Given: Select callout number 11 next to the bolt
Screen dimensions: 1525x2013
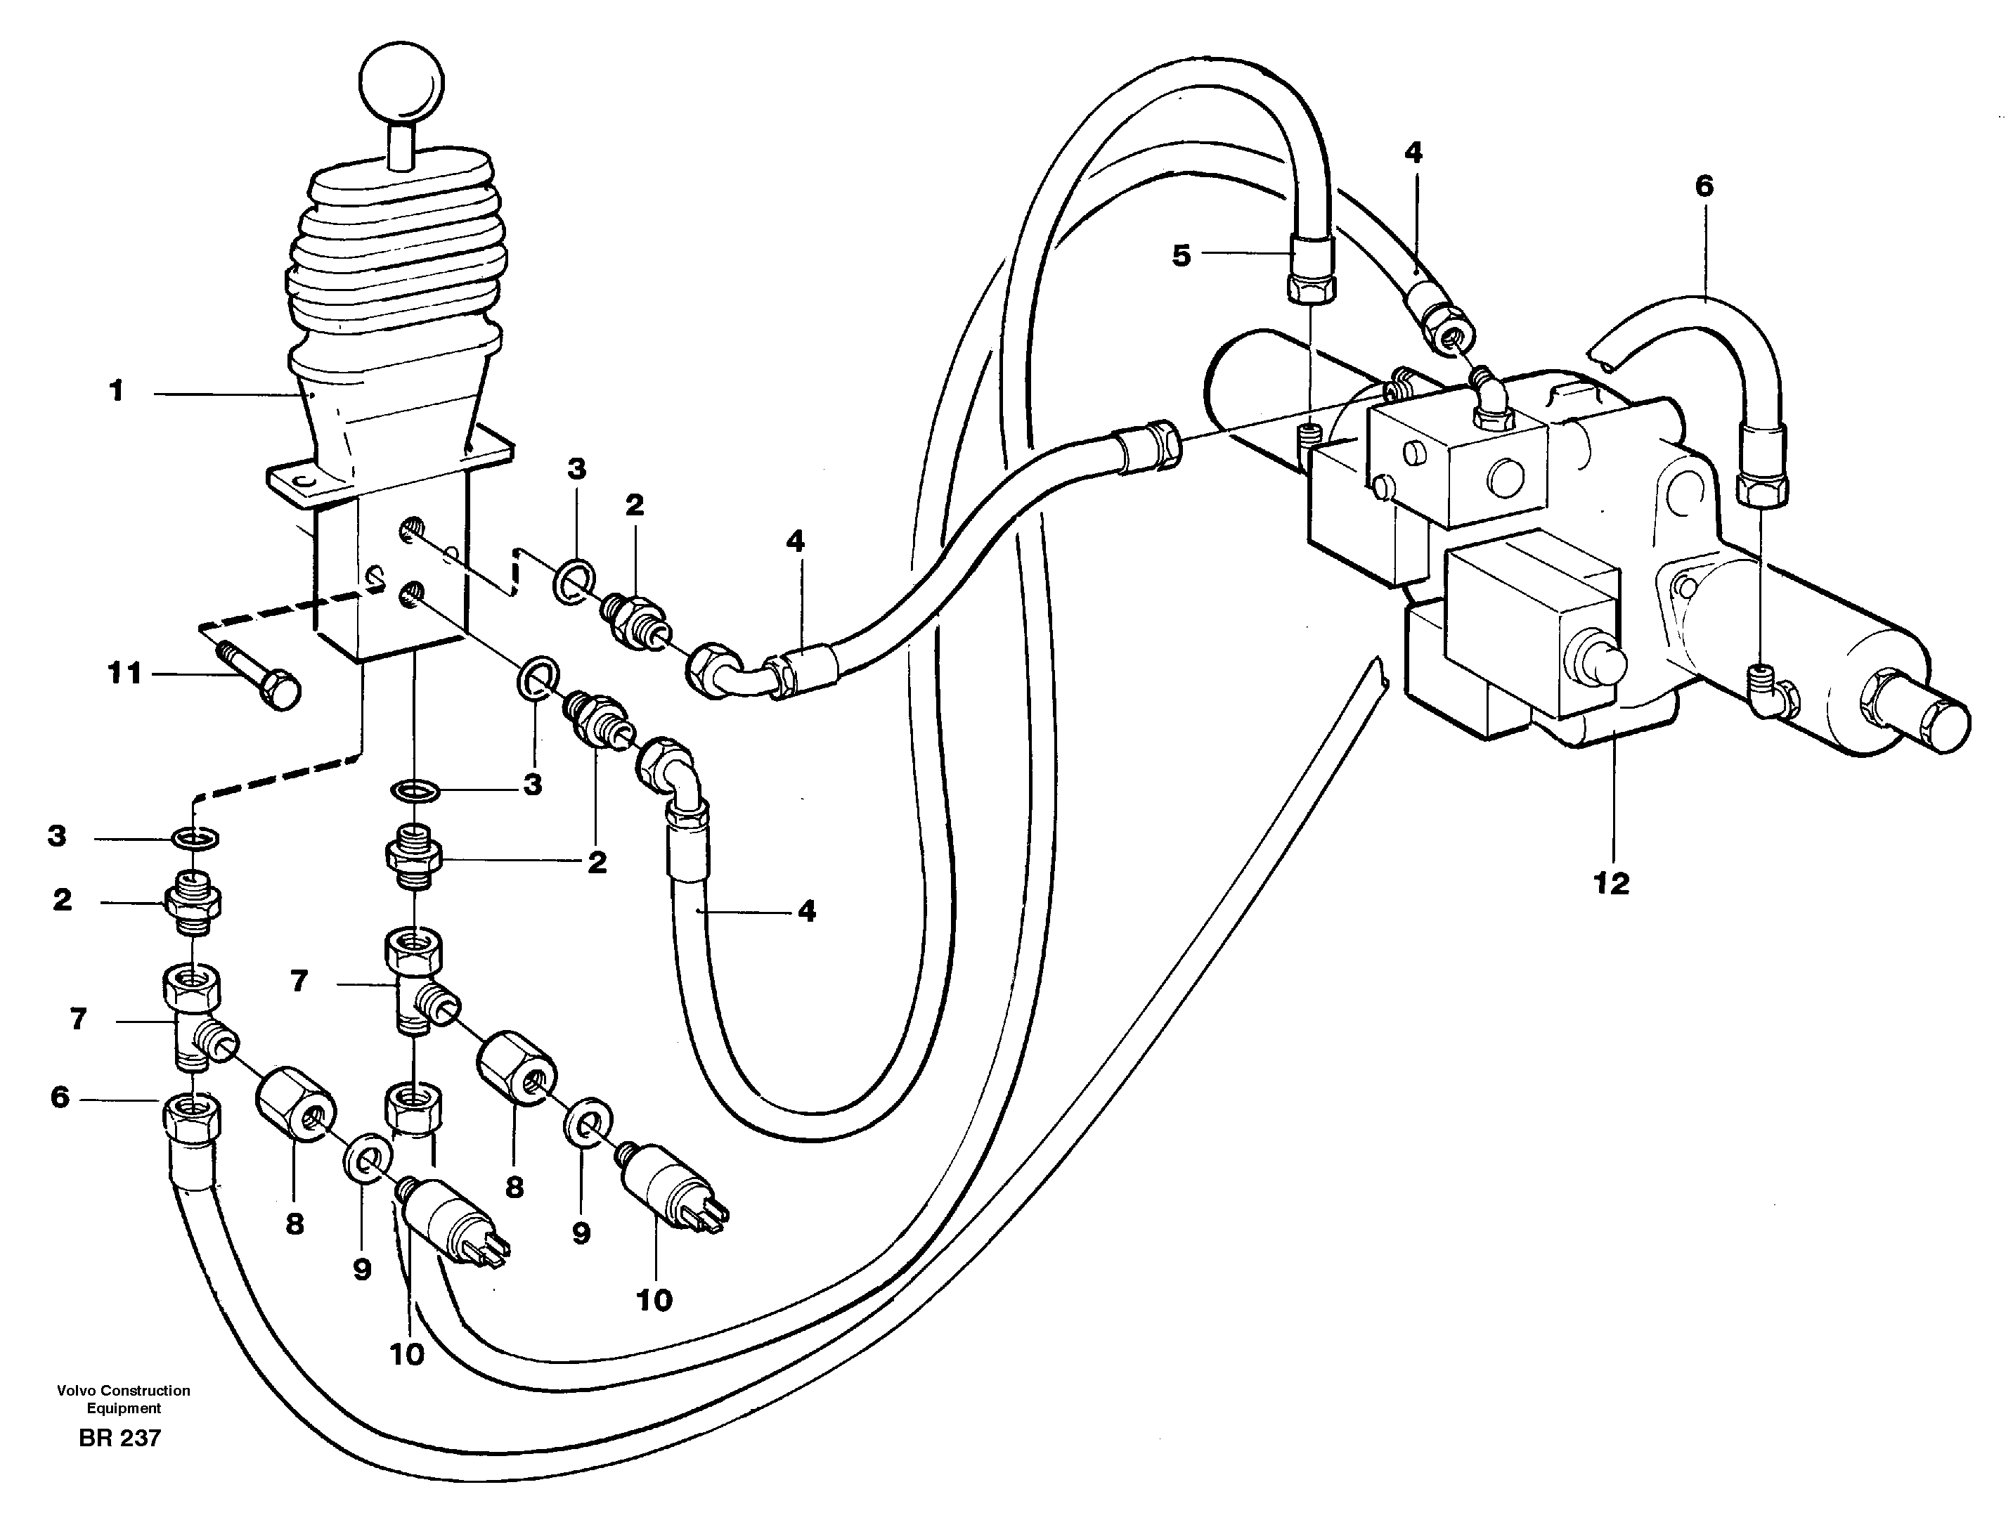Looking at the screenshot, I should tap(126, 674).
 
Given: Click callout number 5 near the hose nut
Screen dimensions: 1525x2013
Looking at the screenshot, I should tap(1182, 256).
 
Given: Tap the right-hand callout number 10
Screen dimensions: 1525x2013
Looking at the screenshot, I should tap(654, 1299).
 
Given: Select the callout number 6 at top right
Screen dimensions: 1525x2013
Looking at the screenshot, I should tap(1704, 186).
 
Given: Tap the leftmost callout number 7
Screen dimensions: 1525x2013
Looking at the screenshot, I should tap(78, 1019).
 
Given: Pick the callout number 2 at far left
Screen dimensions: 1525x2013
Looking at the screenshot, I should tap(62, 899).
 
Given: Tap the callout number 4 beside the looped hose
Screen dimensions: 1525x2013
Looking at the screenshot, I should tap(806, 911).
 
